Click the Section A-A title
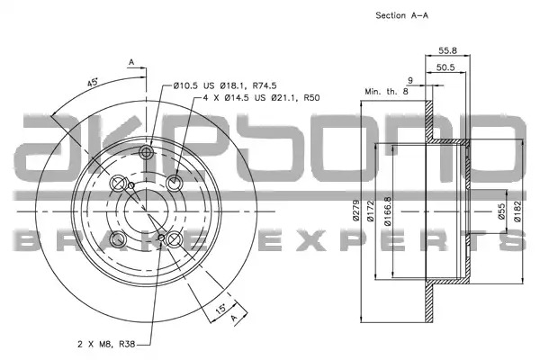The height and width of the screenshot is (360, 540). (402, 15)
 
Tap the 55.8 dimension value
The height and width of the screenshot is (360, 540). (447, 50)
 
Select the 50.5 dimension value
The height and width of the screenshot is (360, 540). (445, 67)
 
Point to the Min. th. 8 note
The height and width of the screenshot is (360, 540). (386, 92)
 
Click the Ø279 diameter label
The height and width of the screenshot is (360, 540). (355, 211)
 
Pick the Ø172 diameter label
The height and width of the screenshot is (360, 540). (370, 211)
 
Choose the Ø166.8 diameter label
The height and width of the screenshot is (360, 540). (387, 211)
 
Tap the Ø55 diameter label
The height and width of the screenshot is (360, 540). (501, 211)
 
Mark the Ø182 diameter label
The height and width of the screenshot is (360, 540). (518, 211)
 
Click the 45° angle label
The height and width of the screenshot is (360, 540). (93, 83)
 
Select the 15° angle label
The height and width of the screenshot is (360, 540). (220, 308)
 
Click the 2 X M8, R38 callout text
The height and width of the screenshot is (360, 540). (106, 344)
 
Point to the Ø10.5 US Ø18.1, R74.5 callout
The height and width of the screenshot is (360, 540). (225, 85)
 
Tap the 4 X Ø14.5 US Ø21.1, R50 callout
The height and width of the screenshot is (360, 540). (261, 98)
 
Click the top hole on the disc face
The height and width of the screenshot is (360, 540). (147, 152)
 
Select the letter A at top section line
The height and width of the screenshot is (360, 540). (131, 62)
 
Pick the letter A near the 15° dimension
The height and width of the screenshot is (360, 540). (235, 318)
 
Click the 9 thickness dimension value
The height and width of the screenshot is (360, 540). (410, 81)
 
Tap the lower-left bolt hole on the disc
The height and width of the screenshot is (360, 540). (118, 239)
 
